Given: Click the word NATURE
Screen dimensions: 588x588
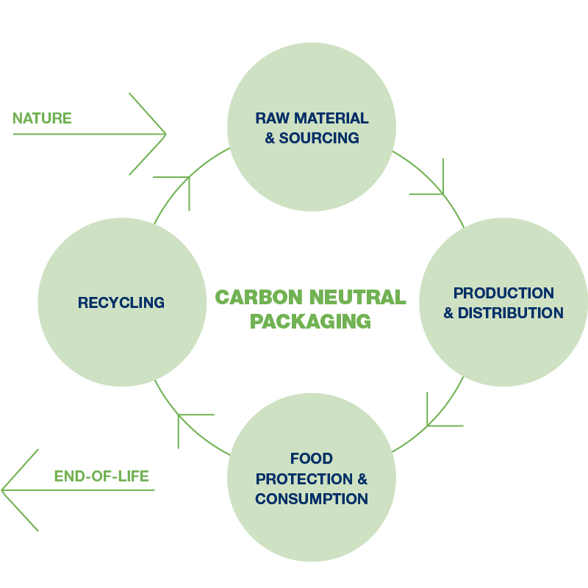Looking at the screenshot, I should pyautogui.click(x=42, y=118).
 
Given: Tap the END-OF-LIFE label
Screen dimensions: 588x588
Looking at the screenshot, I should pyautogui.click(x=101, y=476).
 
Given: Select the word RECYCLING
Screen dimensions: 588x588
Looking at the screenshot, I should pyautogui.click(x=121, y=302).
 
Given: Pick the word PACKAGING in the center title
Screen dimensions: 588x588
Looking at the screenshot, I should pyautogui.click(x=310, y=321).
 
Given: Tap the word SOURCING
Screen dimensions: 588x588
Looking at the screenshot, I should pyautogui.click(x=319, y=138).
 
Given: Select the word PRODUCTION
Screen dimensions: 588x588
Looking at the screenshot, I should pyautogui.click(x=503, y=293).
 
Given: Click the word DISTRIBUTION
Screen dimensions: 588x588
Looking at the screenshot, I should pyautogui.click(x=511, y=313).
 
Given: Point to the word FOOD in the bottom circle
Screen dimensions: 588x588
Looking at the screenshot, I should pyautogui.click(x=312, y=459).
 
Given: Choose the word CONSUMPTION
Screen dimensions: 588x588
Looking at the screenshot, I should pyautogui.click(x=312, y=499).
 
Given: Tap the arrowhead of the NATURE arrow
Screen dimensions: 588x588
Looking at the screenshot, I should pyautogui.click(x=163, y=135).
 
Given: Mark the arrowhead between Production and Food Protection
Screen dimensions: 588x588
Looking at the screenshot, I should pyautogui.click(x=430, y=423).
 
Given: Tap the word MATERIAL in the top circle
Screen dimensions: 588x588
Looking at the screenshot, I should pyautogui.click(x=331, y=118).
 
